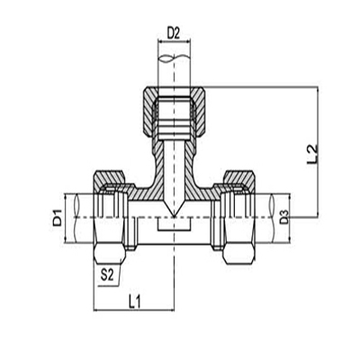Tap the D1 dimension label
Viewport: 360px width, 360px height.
pos(55,216)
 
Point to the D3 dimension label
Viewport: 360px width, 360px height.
pos(284,217)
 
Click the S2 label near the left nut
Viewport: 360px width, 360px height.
pos(107,272)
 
